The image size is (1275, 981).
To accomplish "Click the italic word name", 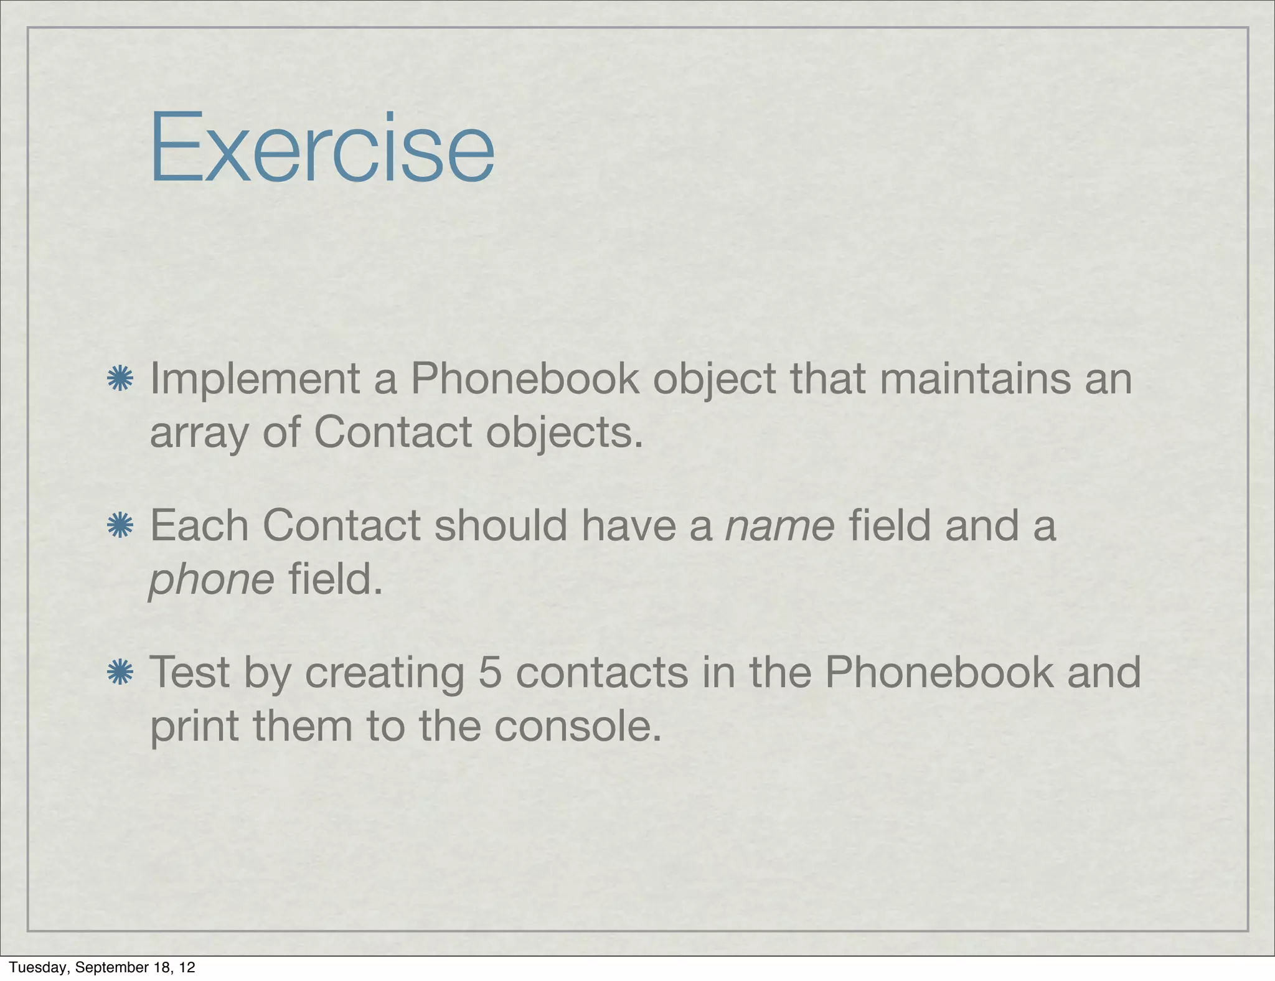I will [780, 526].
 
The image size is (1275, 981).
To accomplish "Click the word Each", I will [199, 526].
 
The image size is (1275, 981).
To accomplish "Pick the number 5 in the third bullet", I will [490, 673].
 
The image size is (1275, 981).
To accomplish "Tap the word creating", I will [385, 673].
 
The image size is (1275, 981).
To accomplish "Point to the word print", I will [194, 726].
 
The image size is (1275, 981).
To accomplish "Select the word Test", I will [190, 673].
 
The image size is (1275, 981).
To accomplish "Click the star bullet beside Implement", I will [120, 379].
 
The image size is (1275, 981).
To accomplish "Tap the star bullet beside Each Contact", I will [120, 526].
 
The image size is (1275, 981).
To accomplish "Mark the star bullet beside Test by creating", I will [120, 673].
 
